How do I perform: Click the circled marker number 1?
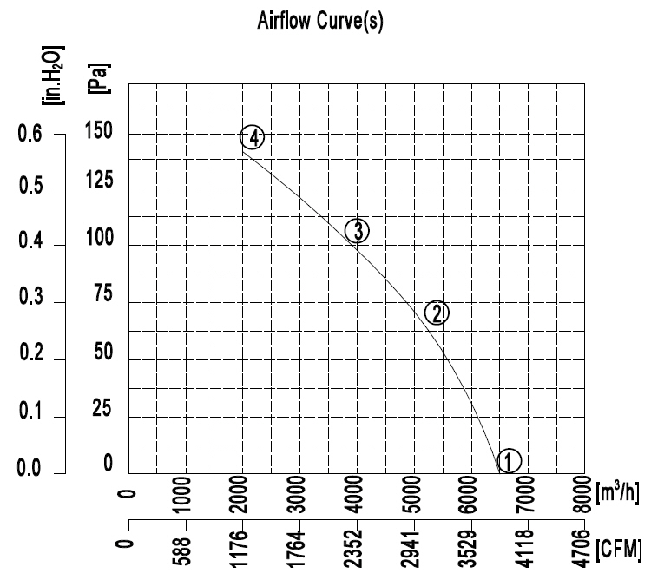pyautogui.click(x=510, y=460)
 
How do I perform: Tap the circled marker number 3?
pyautogui.click(x=358, y=230)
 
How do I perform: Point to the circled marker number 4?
pyautogui.click(x=252, y=138)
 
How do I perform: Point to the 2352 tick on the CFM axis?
pyautogui.click(x=357, y=548)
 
